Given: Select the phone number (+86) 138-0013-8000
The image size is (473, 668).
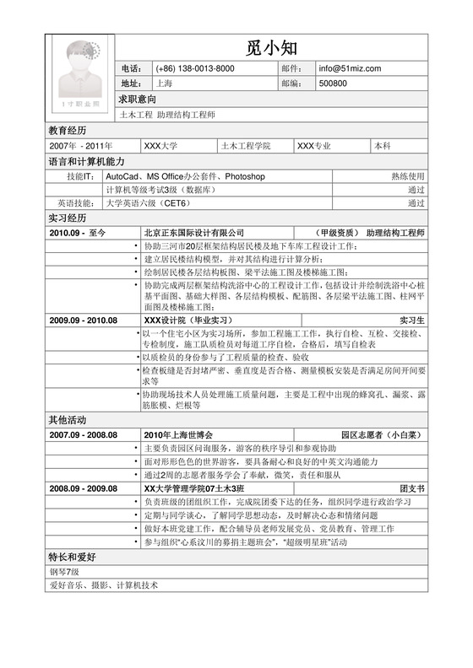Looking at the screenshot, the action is [195, 68].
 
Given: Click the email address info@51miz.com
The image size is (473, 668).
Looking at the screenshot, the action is [350, 68].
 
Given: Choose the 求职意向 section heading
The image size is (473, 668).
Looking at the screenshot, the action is [137, 99].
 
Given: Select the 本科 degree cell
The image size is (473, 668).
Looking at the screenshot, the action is [382, 146].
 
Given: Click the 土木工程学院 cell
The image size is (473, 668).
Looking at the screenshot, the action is [245, 146].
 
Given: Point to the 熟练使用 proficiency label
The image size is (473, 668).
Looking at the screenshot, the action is [407, 176].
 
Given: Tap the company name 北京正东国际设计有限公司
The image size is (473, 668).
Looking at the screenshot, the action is [193, 232].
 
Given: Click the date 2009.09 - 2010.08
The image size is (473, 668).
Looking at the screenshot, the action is [82, 321].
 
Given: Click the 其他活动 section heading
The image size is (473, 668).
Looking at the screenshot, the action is [67, 419].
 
